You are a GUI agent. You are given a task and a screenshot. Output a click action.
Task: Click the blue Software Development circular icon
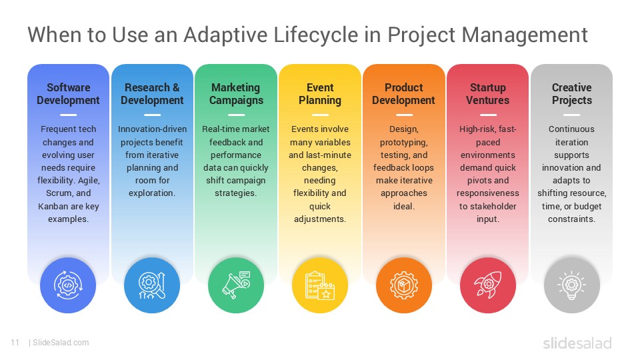pos(68,285)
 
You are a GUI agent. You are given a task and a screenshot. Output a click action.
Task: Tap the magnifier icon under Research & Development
pos(152,285)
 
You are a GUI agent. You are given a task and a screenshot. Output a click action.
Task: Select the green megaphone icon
pos(236,285)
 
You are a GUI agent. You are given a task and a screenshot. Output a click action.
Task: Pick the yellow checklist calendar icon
pos(320,285)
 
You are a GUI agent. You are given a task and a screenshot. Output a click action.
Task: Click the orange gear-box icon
pos(404,285)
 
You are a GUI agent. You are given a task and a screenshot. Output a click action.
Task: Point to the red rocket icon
pos(488,285)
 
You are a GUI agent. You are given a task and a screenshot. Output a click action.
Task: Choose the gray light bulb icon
pos(572,285)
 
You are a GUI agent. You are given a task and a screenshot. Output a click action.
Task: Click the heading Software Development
pos(68,94)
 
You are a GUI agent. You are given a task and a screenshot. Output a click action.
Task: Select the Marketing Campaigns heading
pos(236,94)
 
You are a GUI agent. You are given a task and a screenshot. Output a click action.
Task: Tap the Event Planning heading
pos(320,94)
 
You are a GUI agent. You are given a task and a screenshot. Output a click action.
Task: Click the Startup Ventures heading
pos(488,94)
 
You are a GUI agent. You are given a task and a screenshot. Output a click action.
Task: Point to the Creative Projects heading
pos(572,94)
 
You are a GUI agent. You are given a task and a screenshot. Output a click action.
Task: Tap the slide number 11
pos(15,343)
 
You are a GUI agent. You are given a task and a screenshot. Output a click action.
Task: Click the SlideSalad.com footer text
pos(60,343)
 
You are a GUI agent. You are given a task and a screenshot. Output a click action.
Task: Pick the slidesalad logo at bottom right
pos(577,343)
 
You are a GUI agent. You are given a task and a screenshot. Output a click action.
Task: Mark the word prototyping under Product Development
pos(403,142)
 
